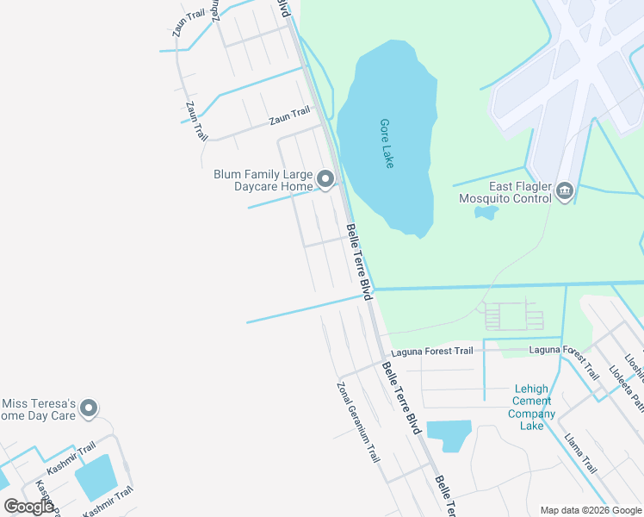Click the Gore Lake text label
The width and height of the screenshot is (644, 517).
pyautogui.click(x=387, y=143)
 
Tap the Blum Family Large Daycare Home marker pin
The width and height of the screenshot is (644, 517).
pyautogui.click(x=325, y=179)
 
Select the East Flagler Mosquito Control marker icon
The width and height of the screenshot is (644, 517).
pyautogui.click(x=565, y=190)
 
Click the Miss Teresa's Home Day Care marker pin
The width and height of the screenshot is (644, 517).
pyautogui.click(x=89, y=409)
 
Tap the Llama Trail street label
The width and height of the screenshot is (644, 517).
pyautogui.click(x=580, y=454)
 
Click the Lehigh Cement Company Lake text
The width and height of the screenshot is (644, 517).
pyautogui.click(x=531, y=407)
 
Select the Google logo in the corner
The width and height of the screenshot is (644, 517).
pyautogui.click(x=28, y=507)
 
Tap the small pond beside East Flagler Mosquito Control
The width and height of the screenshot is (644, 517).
pyautogui.click(x=486, y=212)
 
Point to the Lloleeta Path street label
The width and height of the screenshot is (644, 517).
pyautogui.click(x=626, y=388)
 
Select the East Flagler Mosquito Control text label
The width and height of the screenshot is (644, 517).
pyautogui.click(x=505, y=191)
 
